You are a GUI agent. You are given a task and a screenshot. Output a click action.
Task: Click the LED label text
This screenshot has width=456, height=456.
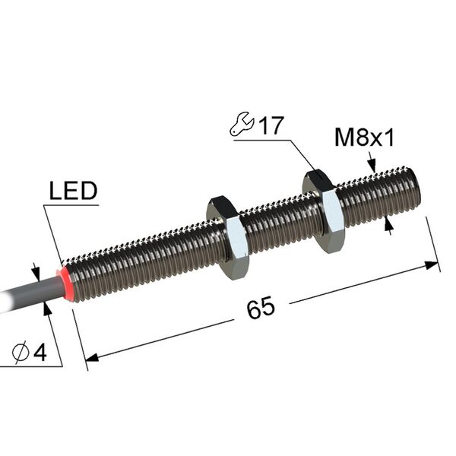[73, 191]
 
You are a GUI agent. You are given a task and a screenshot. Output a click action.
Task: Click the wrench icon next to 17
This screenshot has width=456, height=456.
[242, 124]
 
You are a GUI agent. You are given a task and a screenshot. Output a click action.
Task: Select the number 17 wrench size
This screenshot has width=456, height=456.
[271, 125]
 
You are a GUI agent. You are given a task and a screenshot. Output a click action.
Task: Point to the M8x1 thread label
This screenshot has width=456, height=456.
[364, 138]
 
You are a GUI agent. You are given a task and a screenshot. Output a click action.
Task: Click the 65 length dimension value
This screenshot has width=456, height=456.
[261, 307]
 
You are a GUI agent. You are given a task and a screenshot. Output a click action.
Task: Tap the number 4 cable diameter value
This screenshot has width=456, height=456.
[40, 353]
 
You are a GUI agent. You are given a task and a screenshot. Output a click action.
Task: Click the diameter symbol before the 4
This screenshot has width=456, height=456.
[21, 353]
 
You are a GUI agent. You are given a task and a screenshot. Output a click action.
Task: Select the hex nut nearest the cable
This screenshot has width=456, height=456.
[228, 238]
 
